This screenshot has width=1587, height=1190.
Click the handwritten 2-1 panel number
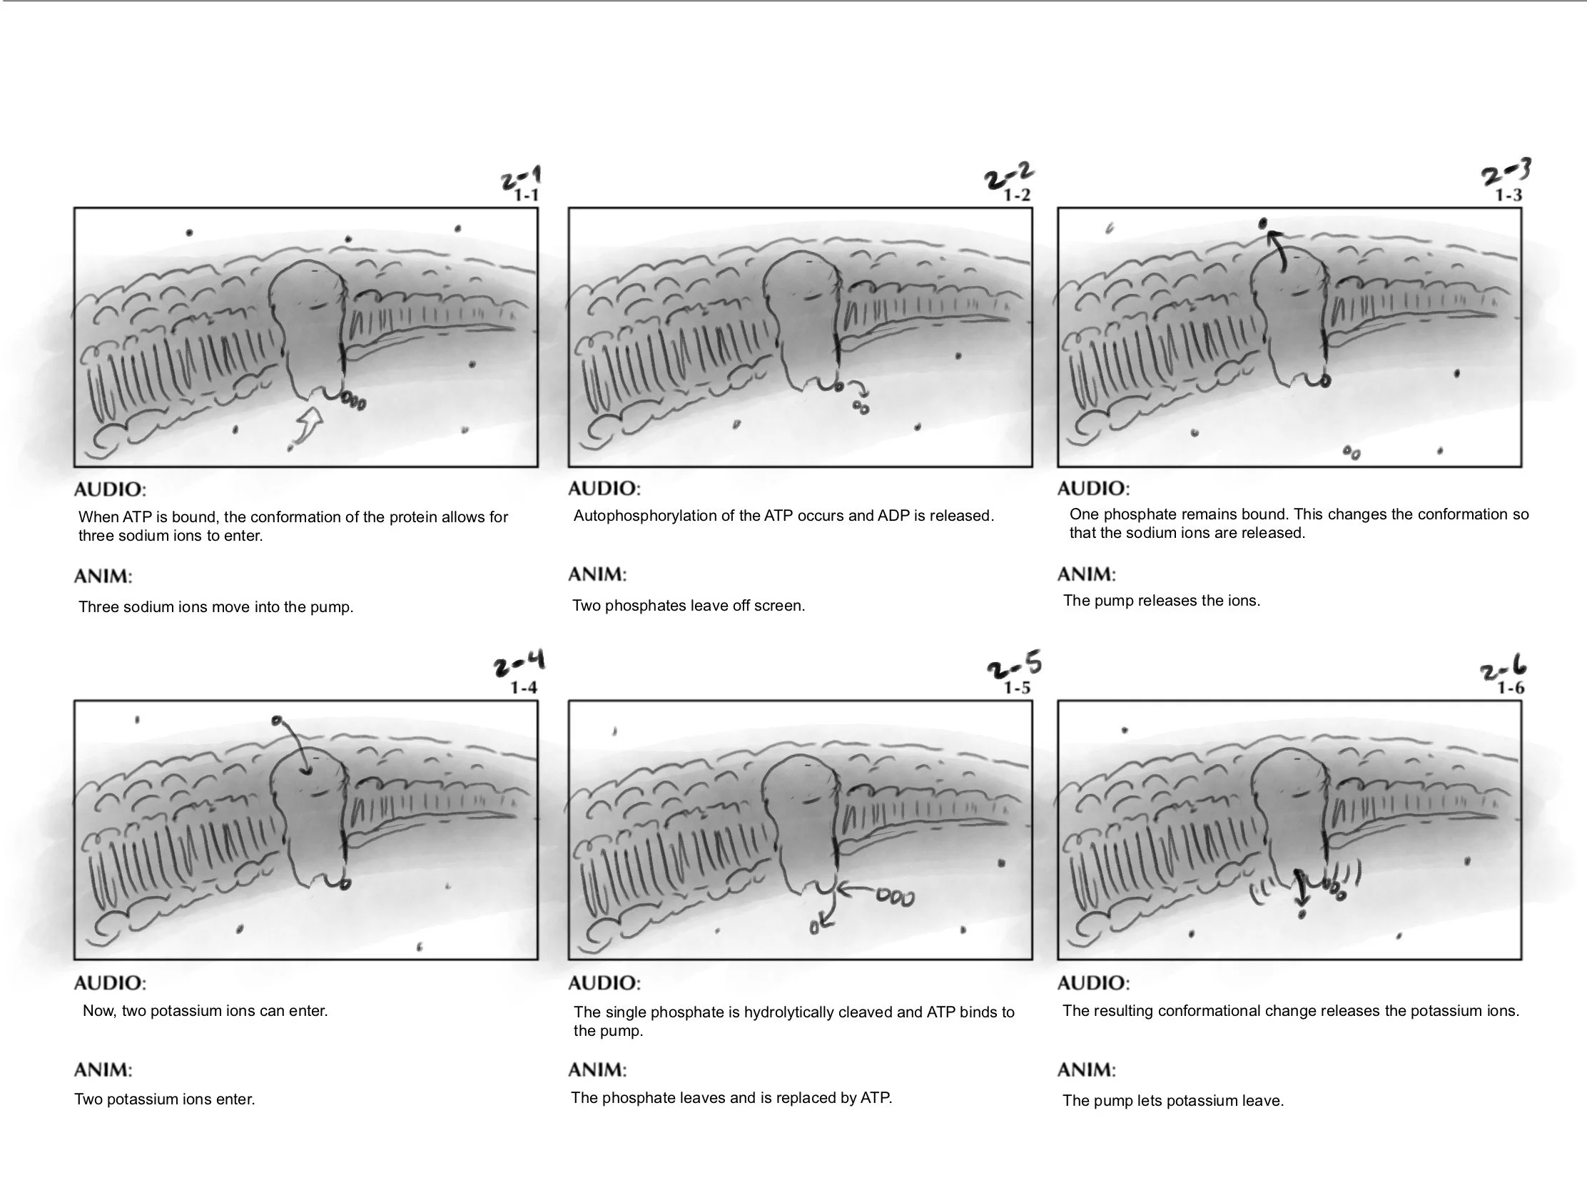(x=522, y=176)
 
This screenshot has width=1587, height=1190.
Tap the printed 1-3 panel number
(x=1508, y=195)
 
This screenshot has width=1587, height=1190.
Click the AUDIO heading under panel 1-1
(x=110, y=490)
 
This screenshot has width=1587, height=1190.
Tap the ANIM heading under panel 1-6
(x=1086, y=1070)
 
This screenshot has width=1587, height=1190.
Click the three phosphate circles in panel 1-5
(x=896, y=898)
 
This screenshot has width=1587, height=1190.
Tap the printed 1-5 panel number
(x=1016, y=688)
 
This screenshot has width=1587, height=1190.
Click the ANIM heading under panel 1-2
(x=597, y=574)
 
